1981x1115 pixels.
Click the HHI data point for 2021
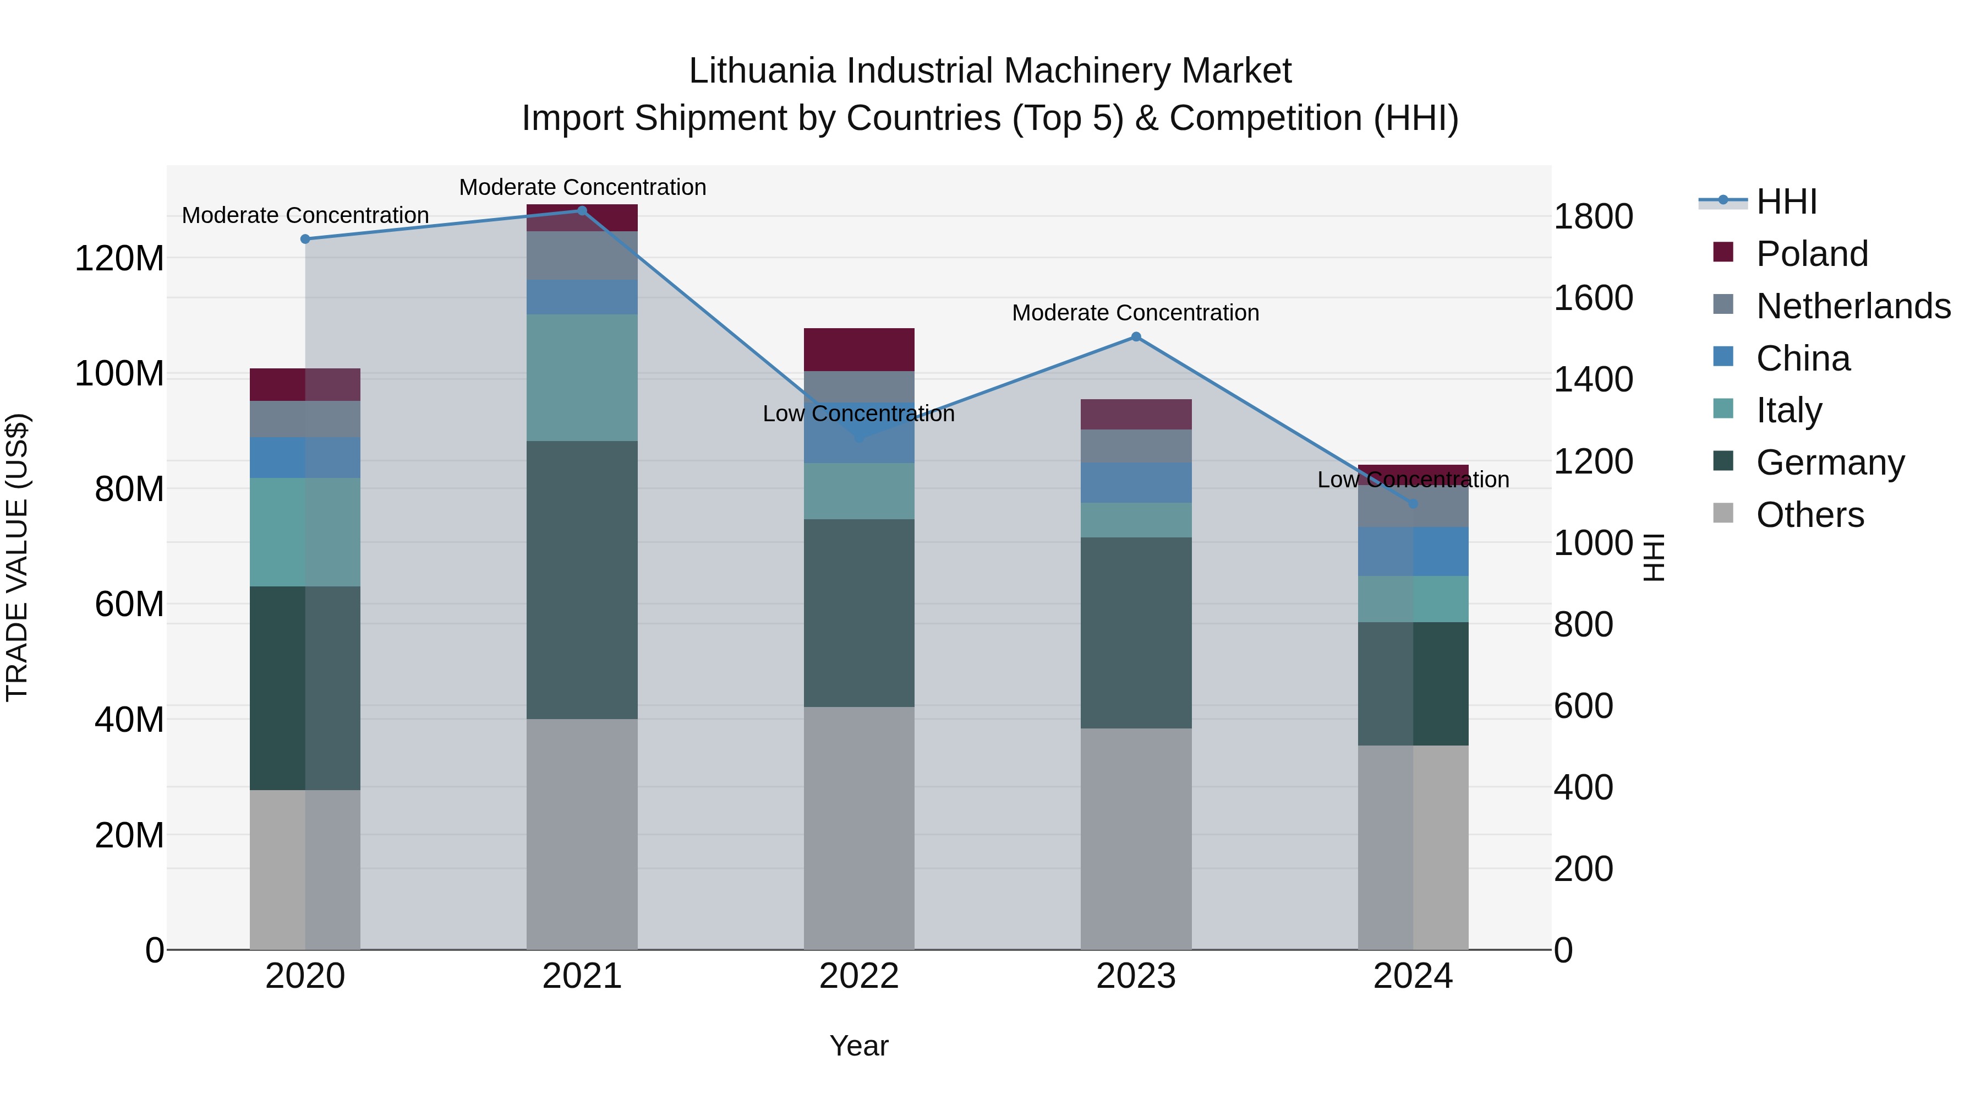coord(582,211)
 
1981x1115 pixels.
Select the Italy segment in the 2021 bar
coord(582,377)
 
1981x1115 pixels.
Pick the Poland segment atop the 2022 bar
coord(859,349)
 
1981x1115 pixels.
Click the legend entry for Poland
coord(1811,254)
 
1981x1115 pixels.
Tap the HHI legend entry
coord(1786,202)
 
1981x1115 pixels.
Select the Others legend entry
coord(1809,515)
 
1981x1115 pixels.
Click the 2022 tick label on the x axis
coord(859,976)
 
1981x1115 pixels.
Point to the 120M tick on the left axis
coord(119,259)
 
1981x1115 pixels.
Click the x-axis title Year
coord(859,1046)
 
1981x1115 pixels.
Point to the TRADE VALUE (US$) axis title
coord(17,557)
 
